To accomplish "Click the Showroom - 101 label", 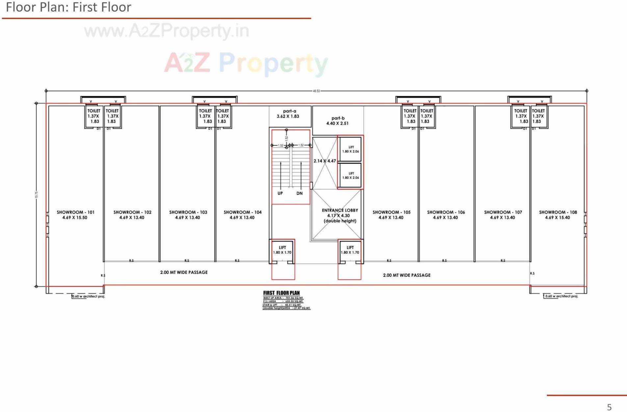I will [x=75, y=215].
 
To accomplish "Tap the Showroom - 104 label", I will [x=243, y=215].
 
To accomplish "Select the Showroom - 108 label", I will [x=558, y=215].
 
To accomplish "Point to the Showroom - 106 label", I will [x=446, y=215].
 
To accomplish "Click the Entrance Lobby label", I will [x=340, y=215].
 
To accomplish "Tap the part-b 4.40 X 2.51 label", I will [x=337, y=121].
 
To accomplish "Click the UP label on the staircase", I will [x=280, y=193].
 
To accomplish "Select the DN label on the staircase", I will [x=300, y=193].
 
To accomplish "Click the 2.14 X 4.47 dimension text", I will [x=325, y=161].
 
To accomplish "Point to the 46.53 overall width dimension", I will [x=316, y=91].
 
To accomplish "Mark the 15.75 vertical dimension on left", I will [x=37, y=195].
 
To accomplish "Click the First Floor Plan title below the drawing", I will [x=281, y=293].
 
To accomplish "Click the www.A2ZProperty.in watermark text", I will [x=167, y=31].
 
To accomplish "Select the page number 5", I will [x=609, y=407].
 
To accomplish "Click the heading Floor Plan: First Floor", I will [x=68, y=7].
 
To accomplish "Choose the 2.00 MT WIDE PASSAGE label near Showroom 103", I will [x=184, y=272].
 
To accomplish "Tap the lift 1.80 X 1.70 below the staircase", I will [x=282, y=250].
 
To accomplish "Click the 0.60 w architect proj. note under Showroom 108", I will [x=562, y=296].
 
